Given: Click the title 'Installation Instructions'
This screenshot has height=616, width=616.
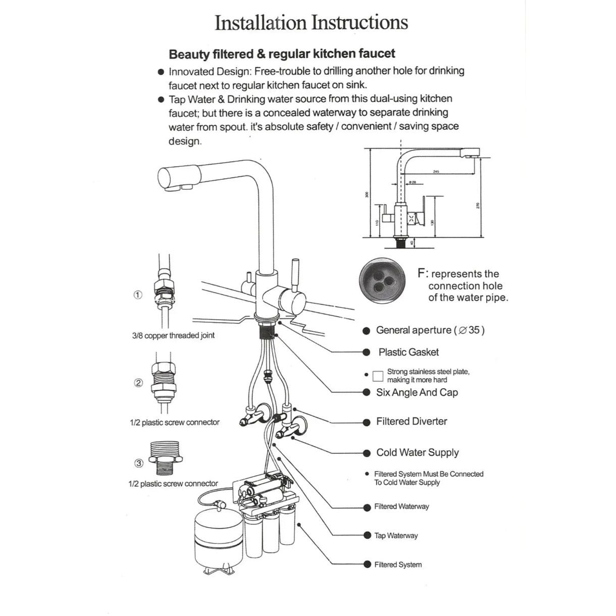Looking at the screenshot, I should pos(311,23).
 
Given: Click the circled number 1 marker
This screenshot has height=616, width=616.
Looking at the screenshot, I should pos(137,295).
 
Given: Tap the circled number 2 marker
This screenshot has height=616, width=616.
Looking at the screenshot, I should pos(138,383).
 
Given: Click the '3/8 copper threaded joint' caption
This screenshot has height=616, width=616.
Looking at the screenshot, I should pos(173,335).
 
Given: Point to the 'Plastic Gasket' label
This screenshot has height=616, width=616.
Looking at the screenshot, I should pos(408,352).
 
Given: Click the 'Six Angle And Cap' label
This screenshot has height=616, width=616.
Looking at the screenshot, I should pos(417,392).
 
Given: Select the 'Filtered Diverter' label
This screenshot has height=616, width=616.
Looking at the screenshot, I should pos(412,421).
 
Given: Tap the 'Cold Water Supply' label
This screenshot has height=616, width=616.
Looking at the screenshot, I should pos(418,452).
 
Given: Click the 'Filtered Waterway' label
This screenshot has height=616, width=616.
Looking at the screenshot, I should pos(401,506).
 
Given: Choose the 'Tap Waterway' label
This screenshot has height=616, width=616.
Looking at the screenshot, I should pos(396,535).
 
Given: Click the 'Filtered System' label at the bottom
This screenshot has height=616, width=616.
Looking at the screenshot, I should pos(398,564).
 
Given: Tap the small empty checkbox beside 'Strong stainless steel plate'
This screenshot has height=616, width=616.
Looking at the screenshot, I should pos(378,376).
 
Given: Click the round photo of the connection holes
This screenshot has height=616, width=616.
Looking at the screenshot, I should pos(382,283).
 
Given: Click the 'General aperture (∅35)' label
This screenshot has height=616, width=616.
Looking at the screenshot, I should pos(430,330).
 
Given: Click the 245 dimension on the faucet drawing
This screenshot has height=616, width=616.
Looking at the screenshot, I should pos(436,172).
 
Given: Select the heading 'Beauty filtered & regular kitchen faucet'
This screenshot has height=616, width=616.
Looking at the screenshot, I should pos(282,54).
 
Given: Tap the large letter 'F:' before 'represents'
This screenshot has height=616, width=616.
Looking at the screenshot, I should pos(423,274).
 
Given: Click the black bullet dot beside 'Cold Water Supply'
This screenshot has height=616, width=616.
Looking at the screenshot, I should pos(367,453).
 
